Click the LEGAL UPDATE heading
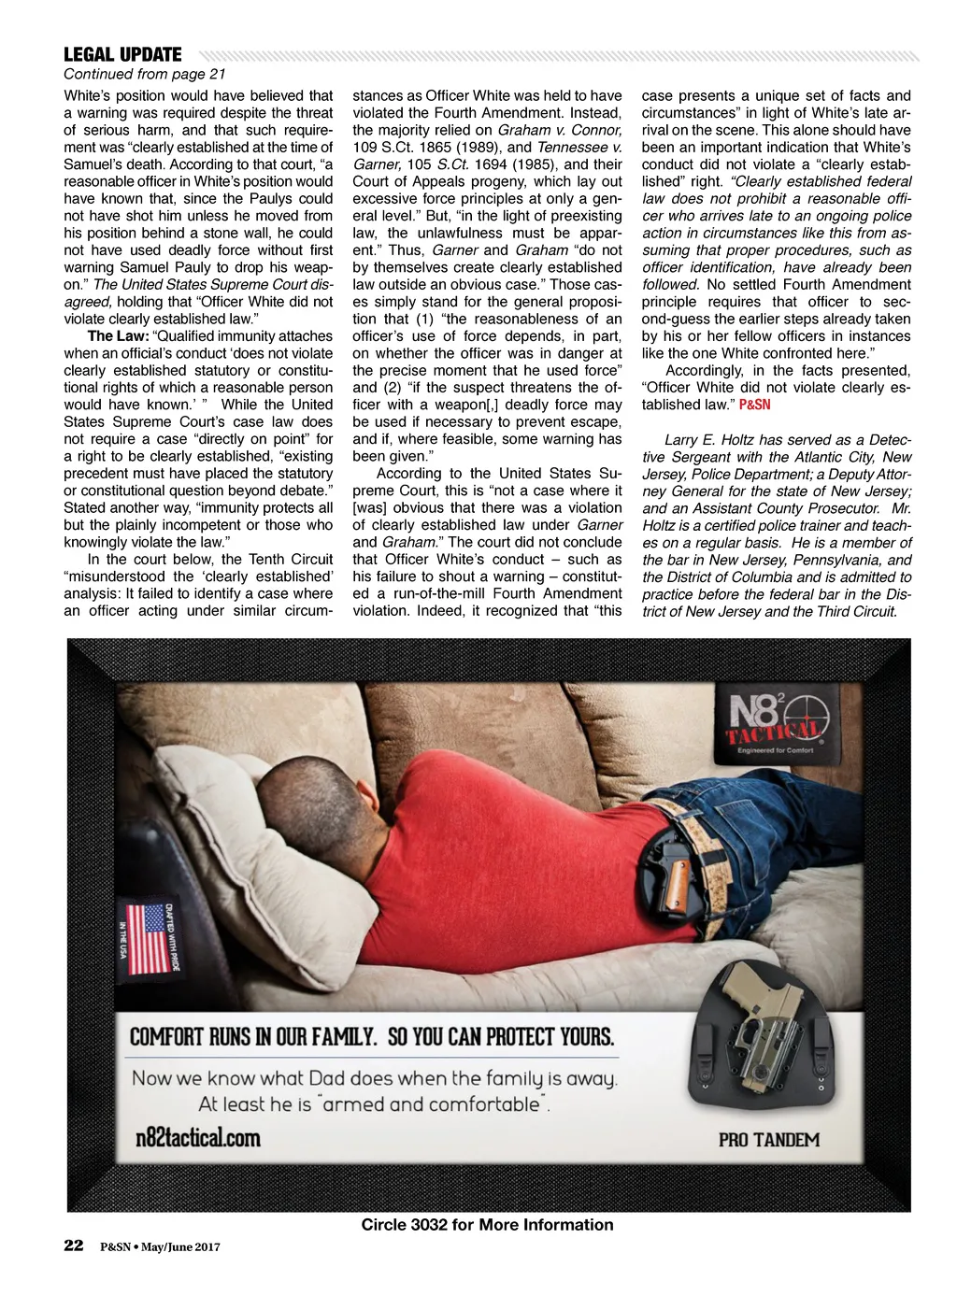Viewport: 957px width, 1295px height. tap(122, 55)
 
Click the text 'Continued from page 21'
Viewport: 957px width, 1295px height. tap(144, 75)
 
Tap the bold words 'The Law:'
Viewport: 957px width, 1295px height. tap(117, 336)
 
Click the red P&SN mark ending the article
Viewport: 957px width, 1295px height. tap(755, 405)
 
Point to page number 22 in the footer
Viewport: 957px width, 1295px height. tap(74, 1245)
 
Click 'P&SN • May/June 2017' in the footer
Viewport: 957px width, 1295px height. tap(160, 1246)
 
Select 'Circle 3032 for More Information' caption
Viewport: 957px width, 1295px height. tap(487, 1225)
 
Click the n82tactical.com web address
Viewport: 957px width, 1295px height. tap(197, 1137)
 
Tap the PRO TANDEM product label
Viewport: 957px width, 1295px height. tap(768, 1140)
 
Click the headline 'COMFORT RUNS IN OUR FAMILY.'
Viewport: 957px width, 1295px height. tap(252, 1037)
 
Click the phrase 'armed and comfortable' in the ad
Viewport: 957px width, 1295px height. tap(431, 1104)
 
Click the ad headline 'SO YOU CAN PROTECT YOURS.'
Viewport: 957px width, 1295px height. tap(500, 1037)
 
